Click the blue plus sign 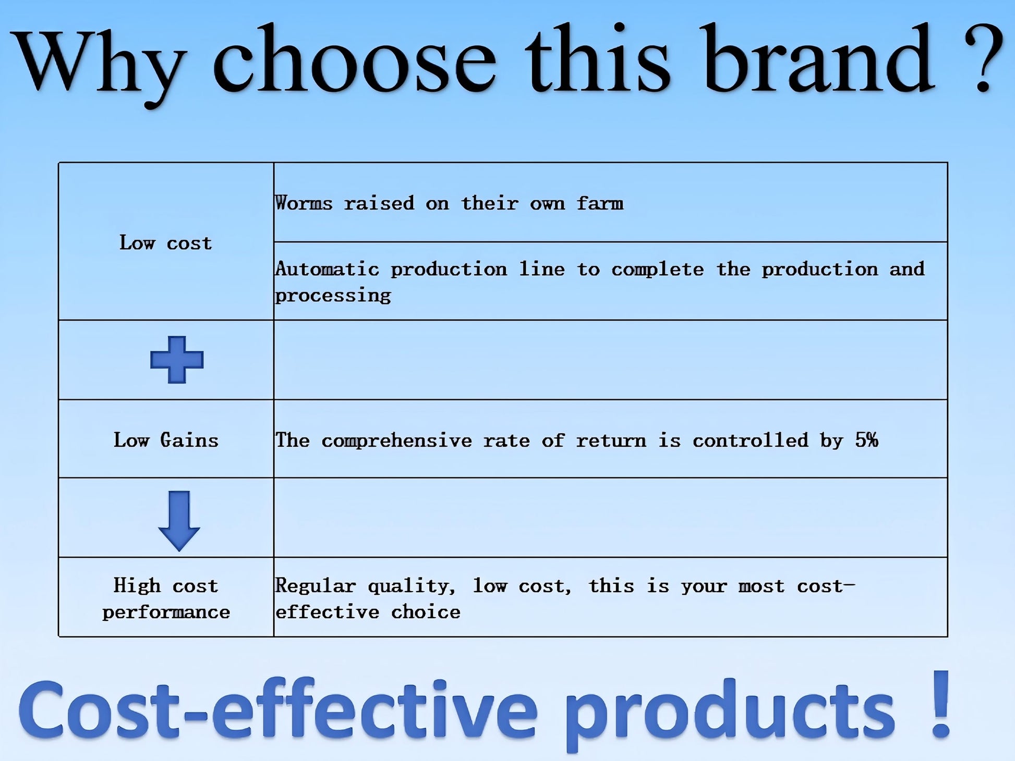[177, 360]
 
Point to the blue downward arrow [179, 521]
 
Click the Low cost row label [166, 243]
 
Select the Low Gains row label [166, 440]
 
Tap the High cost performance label [166, 598]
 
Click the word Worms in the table [304, 203]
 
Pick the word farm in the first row [600, 203]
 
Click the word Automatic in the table [327, 269]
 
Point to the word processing [333, 296]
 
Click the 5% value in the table [867, 440]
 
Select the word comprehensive [396, 440]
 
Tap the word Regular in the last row [316, 586]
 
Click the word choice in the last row [426, 611]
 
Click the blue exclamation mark [941, 704]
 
